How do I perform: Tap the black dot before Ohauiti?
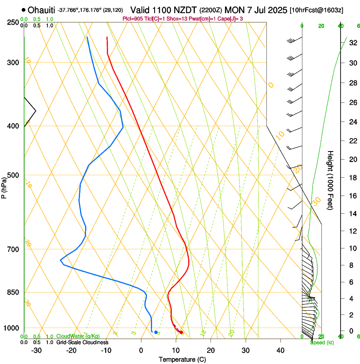click(x=23, y=10)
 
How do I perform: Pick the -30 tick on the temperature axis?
click(x=36, y=350)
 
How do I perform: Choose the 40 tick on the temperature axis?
click(x=280, y=350)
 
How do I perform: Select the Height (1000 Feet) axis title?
click(x=331, y=180)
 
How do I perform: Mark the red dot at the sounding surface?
click(x=181, y=332)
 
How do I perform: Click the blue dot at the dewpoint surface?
click(x=156, y=332)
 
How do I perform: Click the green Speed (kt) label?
click(x=321, y=342)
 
